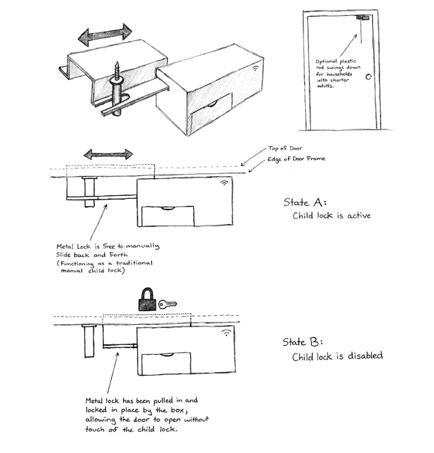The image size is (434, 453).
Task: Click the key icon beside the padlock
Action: click(168, 304)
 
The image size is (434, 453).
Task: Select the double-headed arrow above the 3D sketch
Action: click(106, 34)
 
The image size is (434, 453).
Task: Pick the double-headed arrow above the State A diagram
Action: click(108, 154)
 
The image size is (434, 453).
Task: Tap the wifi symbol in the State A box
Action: click(224, 182)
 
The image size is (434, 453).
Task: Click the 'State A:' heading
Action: click(304, 202)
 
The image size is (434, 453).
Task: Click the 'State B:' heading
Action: click(303, 342)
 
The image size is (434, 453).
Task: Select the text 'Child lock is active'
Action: click(332, 216)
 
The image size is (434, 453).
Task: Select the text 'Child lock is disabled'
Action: click(337, 356)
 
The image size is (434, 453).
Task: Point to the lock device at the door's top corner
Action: click(362, 19)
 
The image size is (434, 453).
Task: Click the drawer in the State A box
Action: click(168, 216)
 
